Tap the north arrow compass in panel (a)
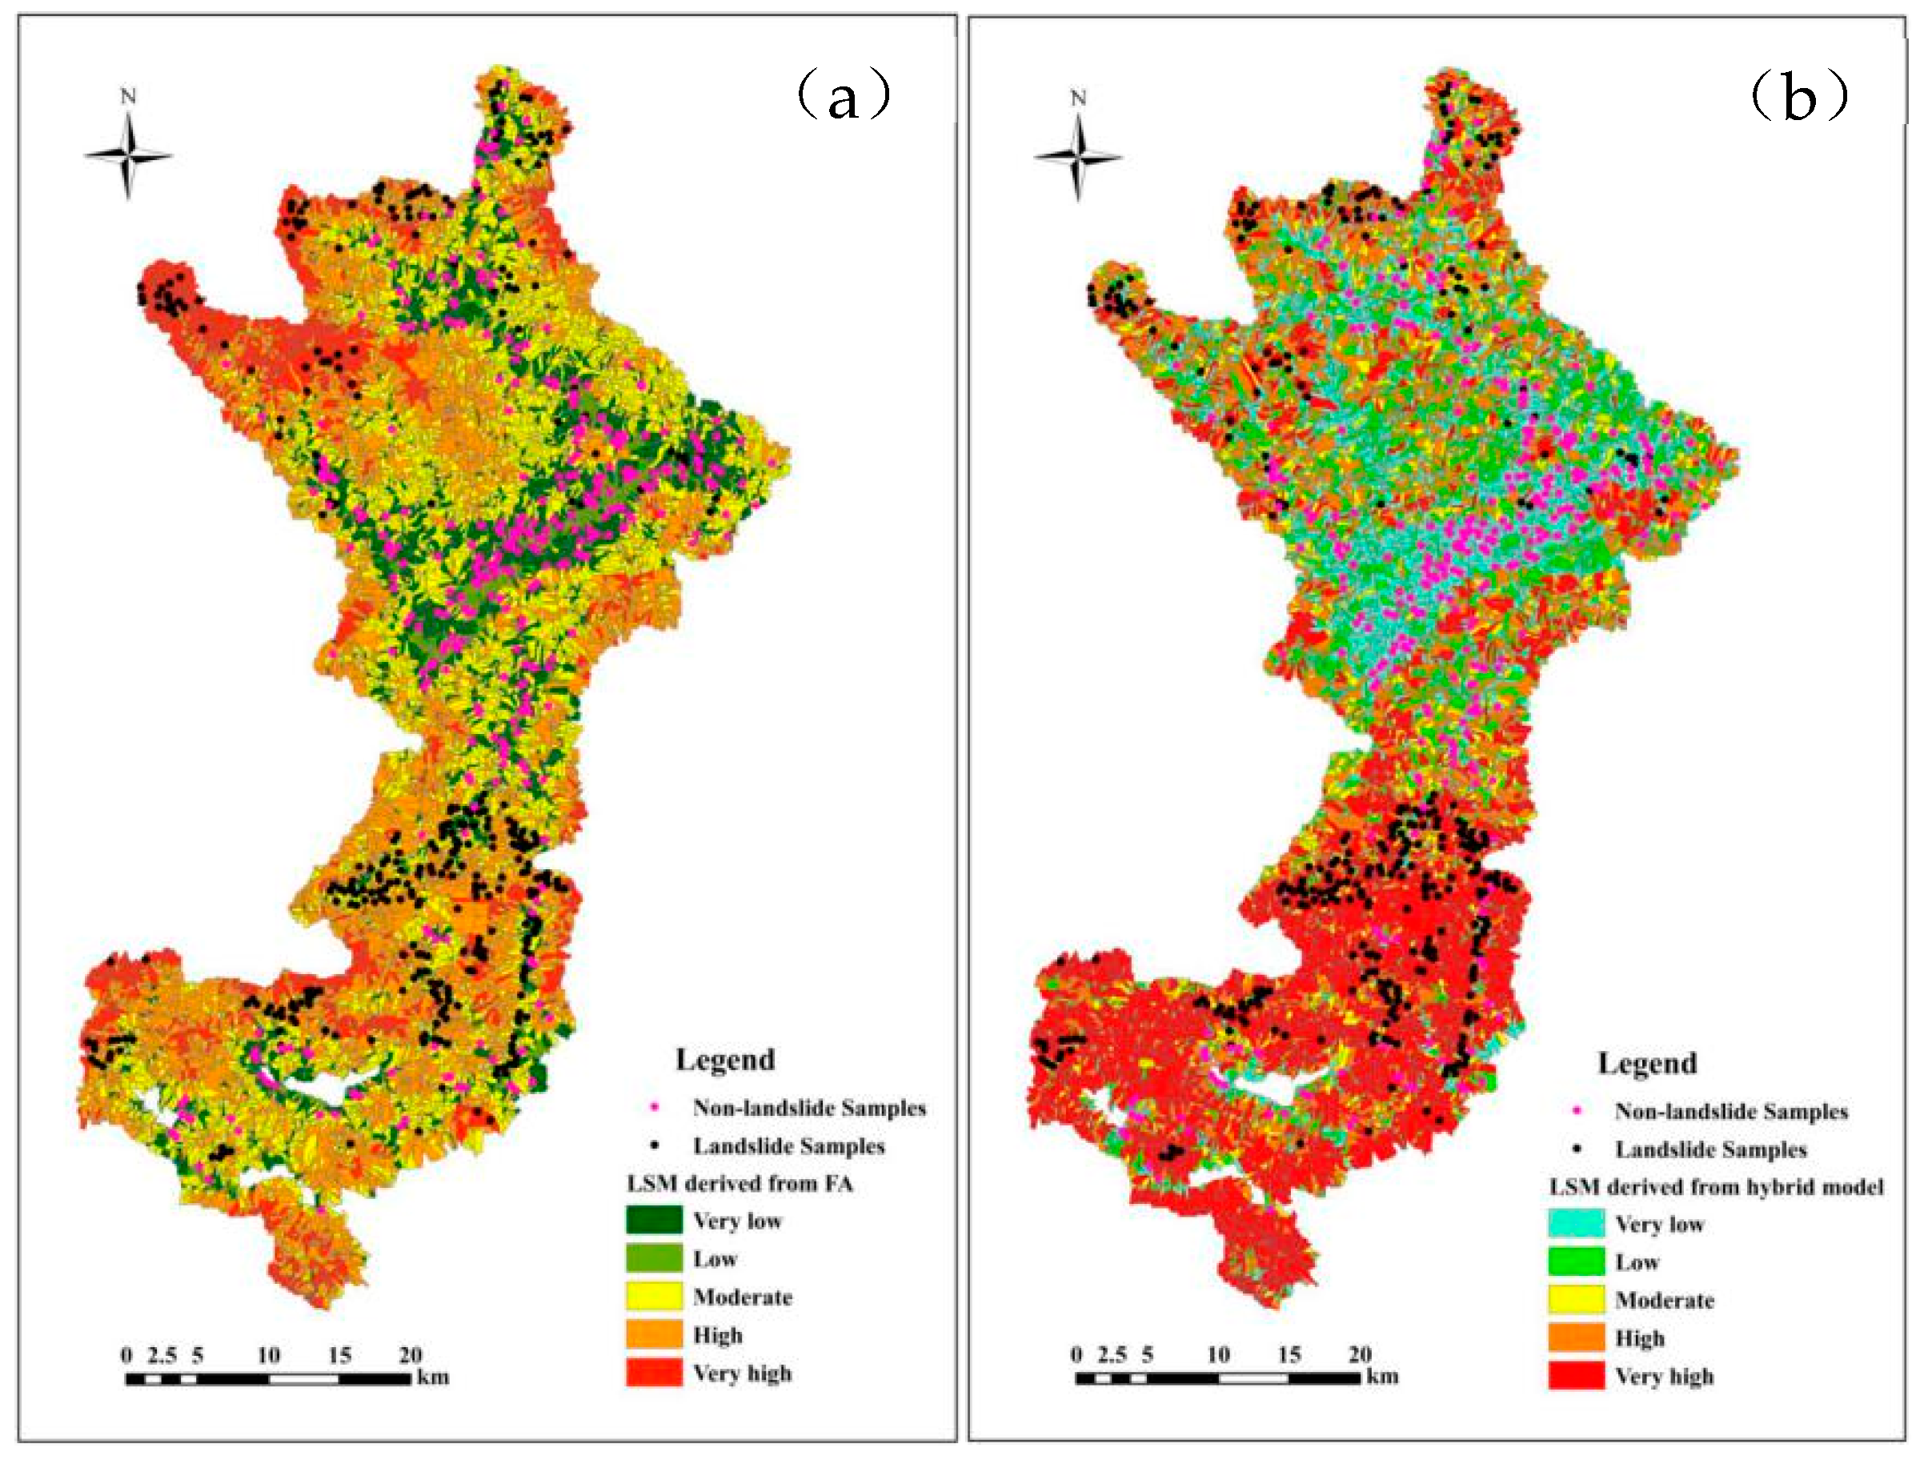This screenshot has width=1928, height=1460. [x=128, y=155]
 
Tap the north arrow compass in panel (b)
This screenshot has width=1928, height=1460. [x=1078, y=157]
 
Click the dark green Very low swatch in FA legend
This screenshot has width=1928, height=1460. [x=654, y=1221]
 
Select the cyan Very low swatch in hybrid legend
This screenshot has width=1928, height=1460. [x=1576, y=1224]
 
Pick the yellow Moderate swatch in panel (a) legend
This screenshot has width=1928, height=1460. [x=654, y=1296]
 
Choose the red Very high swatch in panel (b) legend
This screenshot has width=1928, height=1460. [x=1576, y=1376]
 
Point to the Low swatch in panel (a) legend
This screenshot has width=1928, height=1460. [x=654, y=1258]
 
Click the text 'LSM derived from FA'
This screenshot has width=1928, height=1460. [x=740, y=1183]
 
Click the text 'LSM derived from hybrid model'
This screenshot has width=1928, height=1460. [x=1715, y=1186]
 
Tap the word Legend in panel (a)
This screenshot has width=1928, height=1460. [x=725, y=1059]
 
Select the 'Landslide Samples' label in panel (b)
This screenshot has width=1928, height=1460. [x=1710, y=1149]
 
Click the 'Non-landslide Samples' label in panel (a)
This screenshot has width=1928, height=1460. [x=809, y=1108]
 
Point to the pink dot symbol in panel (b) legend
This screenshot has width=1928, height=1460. [x=1576, y=1111]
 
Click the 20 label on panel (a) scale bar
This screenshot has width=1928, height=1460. [x=411, y=1355]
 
